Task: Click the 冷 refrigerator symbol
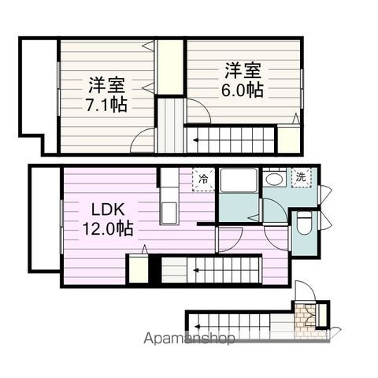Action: tap(204, 179)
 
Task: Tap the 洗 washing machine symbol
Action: tap(302, 176)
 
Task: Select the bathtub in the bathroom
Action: tap(238, 180)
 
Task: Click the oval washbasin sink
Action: tap(274, 180)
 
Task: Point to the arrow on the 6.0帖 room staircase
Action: tap(197, 141)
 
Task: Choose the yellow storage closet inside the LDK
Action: tap(139, 269)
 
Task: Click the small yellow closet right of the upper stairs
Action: tap(289, 138)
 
